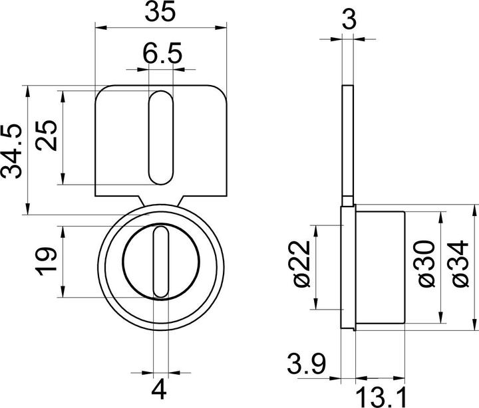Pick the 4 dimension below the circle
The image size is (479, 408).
click(x=160, y=387)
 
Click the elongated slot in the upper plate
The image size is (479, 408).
click(x=159, y=138)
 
